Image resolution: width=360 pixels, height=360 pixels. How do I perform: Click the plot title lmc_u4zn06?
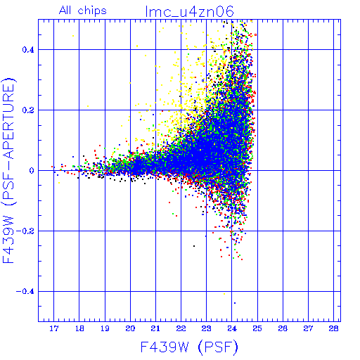coord(189,11)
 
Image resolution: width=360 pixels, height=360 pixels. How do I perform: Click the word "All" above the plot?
coord(65,11)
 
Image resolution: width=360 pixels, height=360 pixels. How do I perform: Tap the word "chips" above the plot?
coord(92,11)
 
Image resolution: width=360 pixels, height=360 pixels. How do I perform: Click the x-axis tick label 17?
coord(54,328)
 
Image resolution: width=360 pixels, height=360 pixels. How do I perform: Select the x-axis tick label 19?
coord(105,328)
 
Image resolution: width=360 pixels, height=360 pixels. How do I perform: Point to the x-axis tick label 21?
coord(155,328)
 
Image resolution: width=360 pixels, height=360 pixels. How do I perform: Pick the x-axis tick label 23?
coord(206,328)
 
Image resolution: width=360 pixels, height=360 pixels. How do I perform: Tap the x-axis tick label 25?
coord(257,328)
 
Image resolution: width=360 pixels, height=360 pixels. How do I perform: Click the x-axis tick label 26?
coord(283,328)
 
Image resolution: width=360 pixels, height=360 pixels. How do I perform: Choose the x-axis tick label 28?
coord(333,328)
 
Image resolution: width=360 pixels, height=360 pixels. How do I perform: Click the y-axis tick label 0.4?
coord(28,50)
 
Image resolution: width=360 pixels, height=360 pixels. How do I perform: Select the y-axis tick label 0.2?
coord(28,110)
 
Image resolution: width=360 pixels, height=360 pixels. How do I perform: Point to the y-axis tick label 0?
coord(32,171)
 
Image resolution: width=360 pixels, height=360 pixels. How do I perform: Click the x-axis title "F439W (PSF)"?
coord(189,347)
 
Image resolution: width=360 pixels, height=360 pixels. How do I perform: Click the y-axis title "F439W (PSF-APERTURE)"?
coord(9,170)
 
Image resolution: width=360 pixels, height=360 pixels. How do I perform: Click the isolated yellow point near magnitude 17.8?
coord(73,36)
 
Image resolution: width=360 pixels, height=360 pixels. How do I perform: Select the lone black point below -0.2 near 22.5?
coord(194,246)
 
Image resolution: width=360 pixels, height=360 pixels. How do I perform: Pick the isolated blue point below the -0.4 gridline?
coord(235,303)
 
